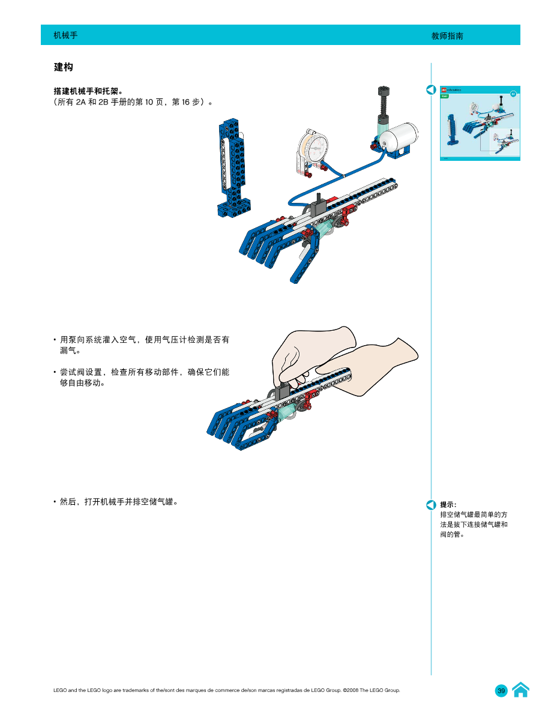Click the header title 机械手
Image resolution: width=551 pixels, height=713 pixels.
65,35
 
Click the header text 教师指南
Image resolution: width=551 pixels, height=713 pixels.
447,36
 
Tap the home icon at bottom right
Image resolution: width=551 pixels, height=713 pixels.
520,690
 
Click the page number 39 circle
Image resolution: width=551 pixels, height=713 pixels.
501,691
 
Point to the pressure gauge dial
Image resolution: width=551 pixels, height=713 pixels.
318,148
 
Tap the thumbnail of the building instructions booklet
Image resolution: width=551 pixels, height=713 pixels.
480,123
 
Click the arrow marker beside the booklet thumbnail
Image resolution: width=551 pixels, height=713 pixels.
430,91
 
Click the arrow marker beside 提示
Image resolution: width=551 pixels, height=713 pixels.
431,504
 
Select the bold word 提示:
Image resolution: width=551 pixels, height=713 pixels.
448,505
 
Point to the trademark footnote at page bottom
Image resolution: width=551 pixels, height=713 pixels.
227,690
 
